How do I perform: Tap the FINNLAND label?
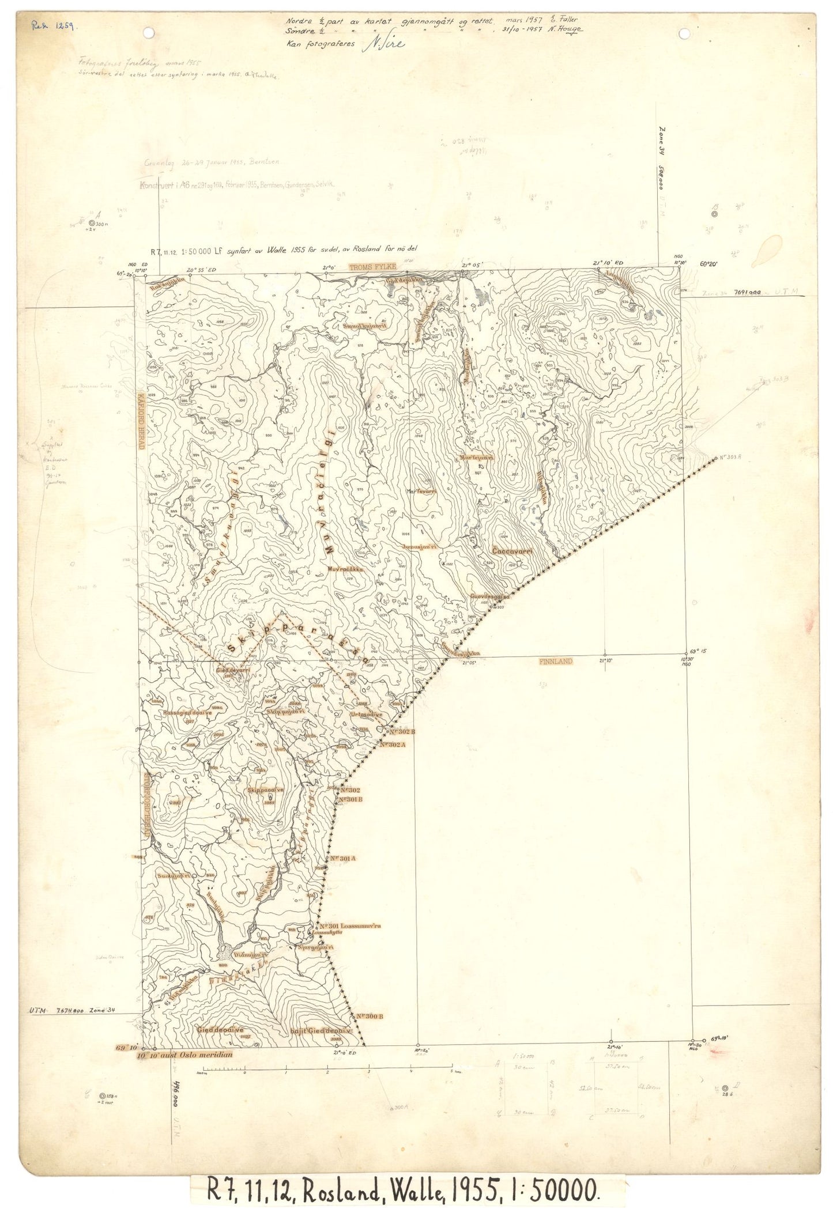pyautogui.click(x=555, y=660)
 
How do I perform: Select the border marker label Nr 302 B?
pyautogui.click(x=402, y=731)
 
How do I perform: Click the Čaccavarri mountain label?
pyautogui.click(x=512, y=551)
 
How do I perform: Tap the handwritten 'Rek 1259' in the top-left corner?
pyautogui.click(x=56, y=26)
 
